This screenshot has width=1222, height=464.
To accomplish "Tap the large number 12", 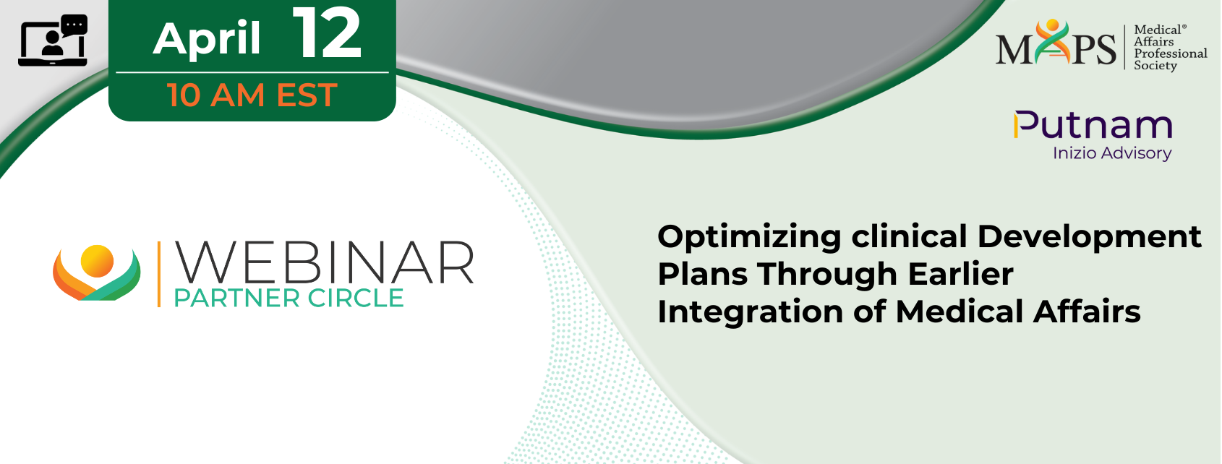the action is pos(327,34).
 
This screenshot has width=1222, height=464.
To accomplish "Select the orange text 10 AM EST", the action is pos(252,95).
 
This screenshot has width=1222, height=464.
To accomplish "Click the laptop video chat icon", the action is pos(53,40).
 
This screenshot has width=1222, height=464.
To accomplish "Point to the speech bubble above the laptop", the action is pos(74,25).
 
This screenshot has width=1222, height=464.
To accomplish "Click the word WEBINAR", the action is pos(325,263).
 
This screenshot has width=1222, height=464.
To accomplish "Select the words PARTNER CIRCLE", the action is pos(289,298).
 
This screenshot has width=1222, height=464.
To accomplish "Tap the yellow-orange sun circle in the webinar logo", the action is pos(97,261).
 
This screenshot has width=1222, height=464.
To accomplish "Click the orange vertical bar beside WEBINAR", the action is pos(159,274).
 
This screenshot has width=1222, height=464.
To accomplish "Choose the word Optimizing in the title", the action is pos(749,238).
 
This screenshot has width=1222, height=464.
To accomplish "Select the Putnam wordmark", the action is pos(1093,126).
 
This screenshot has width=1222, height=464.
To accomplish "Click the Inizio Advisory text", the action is pos(1112,153).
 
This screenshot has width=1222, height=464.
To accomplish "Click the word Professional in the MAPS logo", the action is pos(1170,53).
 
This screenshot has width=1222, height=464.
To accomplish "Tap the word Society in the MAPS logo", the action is pos(1155,66).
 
